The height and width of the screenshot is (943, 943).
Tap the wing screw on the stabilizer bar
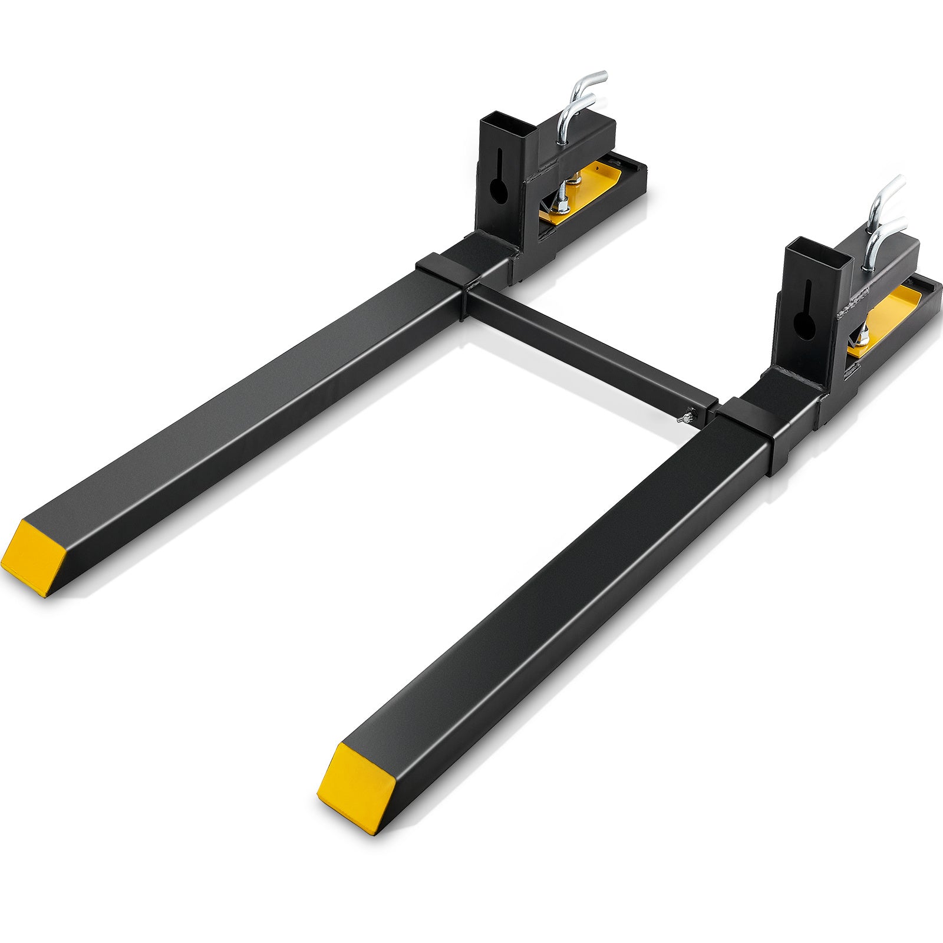680,418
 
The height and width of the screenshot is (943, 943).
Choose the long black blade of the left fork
236,413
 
